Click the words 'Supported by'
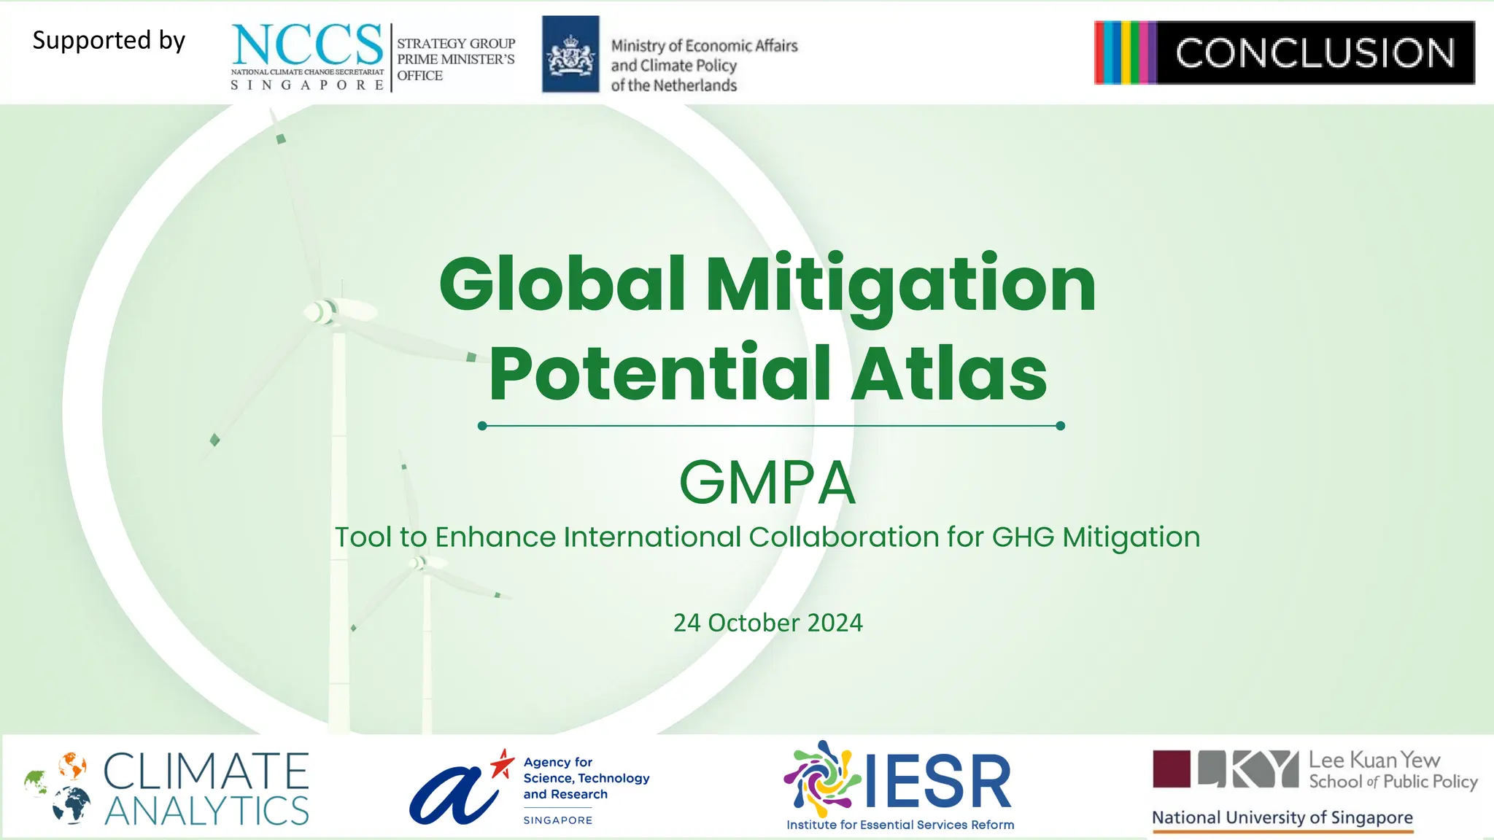coord(109,40)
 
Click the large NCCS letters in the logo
coord(307,44)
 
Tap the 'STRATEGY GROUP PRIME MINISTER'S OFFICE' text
coord(456,59)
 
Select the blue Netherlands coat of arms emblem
coord(570,55)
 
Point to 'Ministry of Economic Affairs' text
coord(704,46)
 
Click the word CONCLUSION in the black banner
coord(1315,53)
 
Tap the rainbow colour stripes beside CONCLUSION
coord(1125,52)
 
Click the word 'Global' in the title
coord(562,284)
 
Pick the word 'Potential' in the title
coord(660,373)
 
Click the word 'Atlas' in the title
coord(949,373)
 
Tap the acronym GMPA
coord(767,483)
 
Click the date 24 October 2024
coord(767,623)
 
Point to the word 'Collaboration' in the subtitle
coord(844,537)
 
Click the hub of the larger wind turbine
coord(322,311)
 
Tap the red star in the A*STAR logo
coord(502,763)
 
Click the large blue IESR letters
coord(938,782)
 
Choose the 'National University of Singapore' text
coord(1282,818)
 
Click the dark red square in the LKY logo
coord(1171,769)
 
